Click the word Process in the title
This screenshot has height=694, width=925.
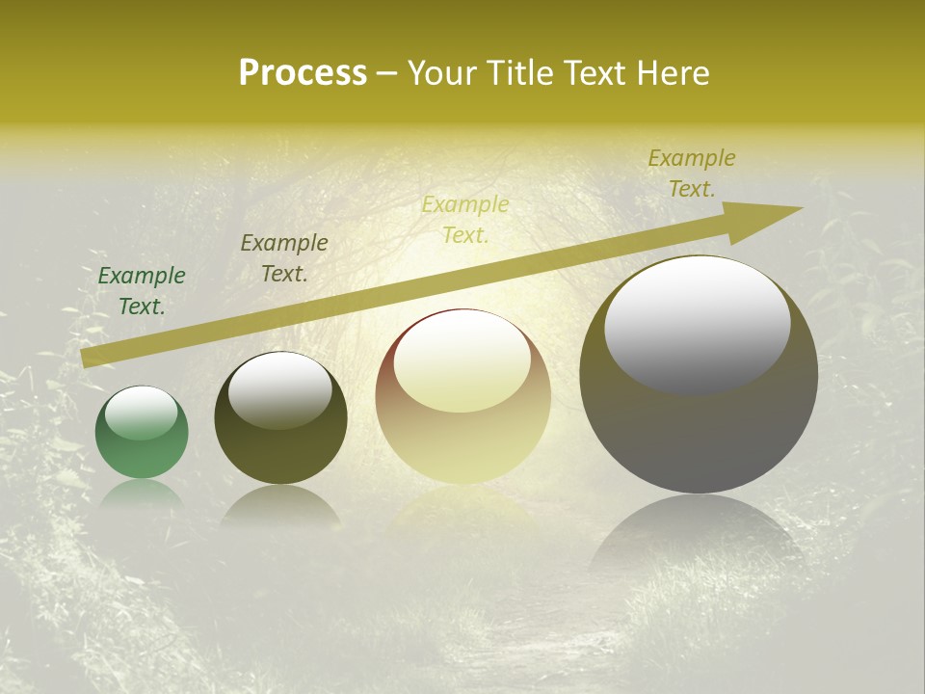(303, 72)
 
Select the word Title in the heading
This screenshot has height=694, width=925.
(520, 72)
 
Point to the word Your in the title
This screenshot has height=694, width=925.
(443, 72)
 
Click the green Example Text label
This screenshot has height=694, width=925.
(142, 291)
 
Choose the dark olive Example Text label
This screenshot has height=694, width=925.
(284, 258)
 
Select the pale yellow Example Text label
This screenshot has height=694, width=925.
(465, 219)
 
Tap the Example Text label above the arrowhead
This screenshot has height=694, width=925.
(691, 173)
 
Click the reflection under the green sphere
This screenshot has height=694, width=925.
(142, 494)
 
